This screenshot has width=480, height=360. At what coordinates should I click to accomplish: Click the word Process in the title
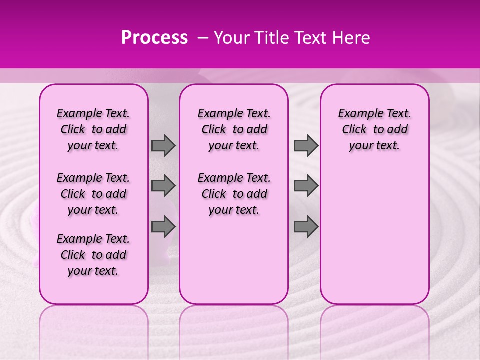tap(154, 38)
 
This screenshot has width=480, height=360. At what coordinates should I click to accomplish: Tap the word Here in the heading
tap(351, 38)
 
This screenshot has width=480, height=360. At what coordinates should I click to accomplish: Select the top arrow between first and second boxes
tap(163, 146)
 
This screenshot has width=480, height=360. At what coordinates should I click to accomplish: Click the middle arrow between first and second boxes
tap(163, 186)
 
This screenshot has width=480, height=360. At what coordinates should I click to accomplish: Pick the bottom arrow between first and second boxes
tap(163, 227)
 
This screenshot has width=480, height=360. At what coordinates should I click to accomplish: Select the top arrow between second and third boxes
tap(306, 146)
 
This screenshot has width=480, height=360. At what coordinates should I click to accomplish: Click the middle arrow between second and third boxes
tap(306, 186)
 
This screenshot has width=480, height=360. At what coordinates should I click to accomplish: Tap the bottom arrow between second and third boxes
tap(306, 227)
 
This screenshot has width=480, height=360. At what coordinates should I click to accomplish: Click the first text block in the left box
tap(93, 129)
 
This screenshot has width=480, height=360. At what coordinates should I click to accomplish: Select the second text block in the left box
tap(93, 194)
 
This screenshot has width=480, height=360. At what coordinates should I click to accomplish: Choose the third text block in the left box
tap(93, 255)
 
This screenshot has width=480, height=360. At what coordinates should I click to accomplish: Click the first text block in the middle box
tap(234, 129)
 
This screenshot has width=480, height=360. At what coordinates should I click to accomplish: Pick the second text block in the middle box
tap(234, 194)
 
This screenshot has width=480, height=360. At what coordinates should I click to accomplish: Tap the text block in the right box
tap(374, 129)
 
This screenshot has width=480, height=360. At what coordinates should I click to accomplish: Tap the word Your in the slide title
tap(229, 38)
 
